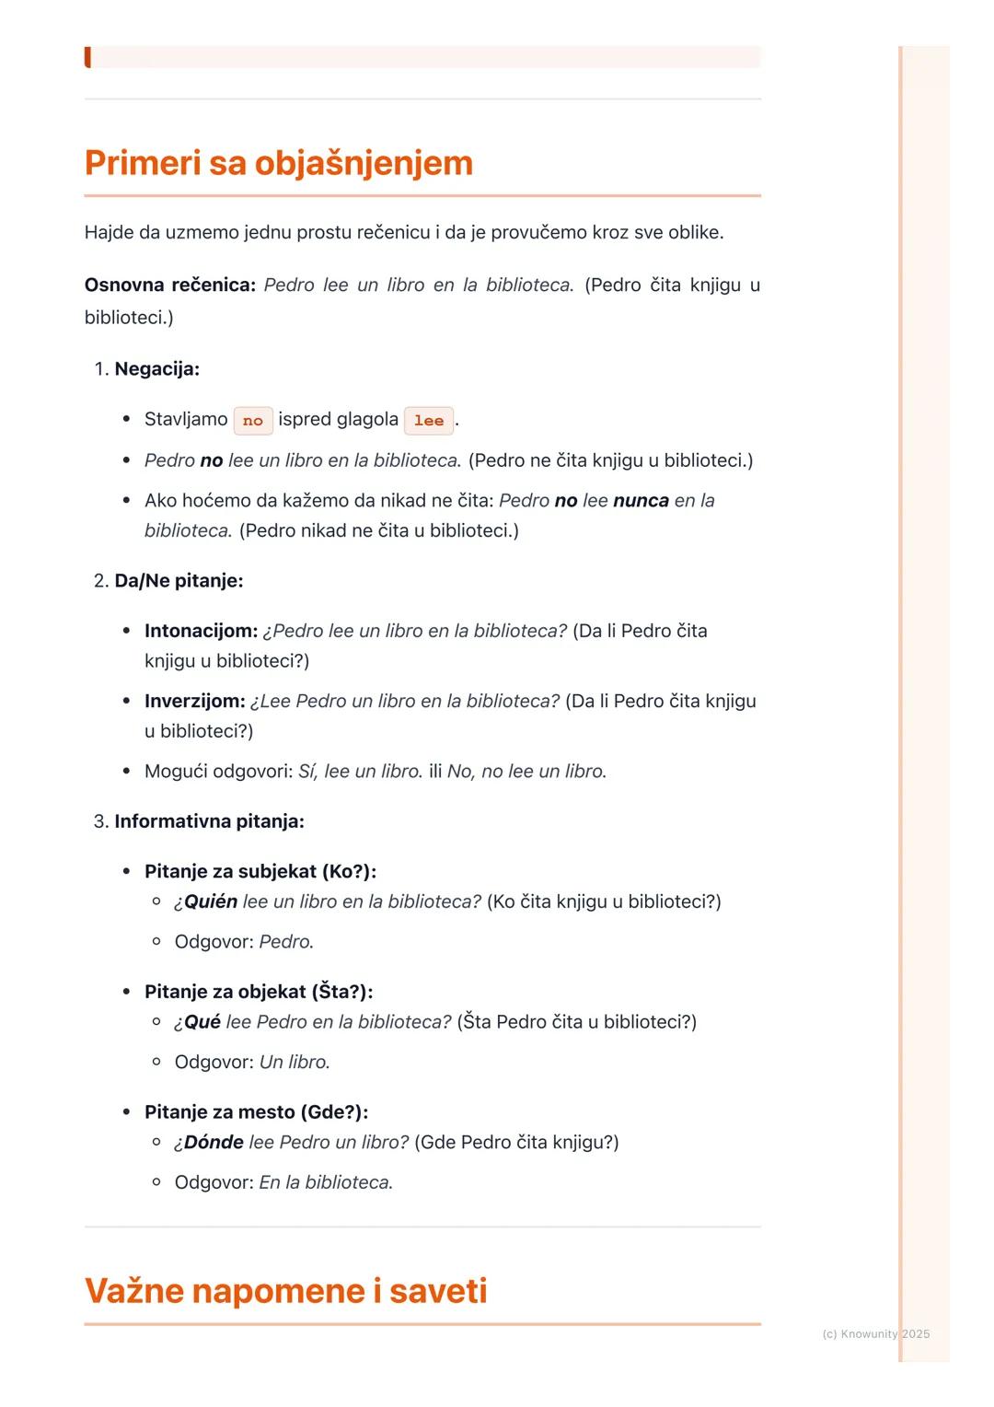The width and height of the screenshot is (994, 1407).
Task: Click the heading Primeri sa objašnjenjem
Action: click(278, 163)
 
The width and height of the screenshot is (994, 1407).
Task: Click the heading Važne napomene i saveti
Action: click(285, 1291)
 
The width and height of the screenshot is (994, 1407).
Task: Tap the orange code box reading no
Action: click(253, 421)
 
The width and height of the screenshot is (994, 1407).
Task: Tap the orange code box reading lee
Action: click(429, 421)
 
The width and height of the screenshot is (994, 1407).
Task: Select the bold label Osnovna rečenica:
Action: click(170, 285)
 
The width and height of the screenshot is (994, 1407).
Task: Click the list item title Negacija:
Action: click(156, 369)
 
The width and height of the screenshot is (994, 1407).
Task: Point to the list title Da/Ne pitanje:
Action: click(179, 581)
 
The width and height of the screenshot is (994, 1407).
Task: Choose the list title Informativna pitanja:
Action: click(209, 821)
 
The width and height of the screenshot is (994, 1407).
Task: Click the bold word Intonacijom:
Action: click(201, 632)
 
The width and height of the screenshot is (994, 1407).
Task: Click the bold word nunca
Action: click(641, 501)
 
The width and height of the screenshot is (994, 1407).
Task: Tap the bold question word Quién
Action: click(211, 902)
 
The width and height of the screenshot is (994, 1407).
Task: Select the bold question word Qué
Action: click(202, 1022)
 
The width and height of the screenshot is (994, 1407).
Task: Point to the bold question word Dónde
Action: click(214, 1143)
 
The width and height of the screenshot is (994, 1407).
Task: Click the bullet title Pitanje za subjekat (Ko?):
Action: click(260, 872)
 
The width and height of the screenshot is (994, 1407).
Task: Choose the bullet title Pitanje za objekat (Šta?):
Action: click(259, 992)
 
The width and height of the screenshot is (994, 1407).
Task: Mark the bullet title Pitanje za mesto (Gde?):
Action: click(256, 1112)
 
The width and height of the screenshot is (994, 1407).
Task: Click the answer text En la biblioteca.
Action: click(326, 1182)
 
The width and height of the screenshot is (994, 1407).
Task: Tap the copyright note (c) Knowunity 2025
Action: click(875, 1334)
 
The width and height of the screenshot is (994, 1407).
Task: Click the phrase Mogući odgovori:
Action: click(218, 772)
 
